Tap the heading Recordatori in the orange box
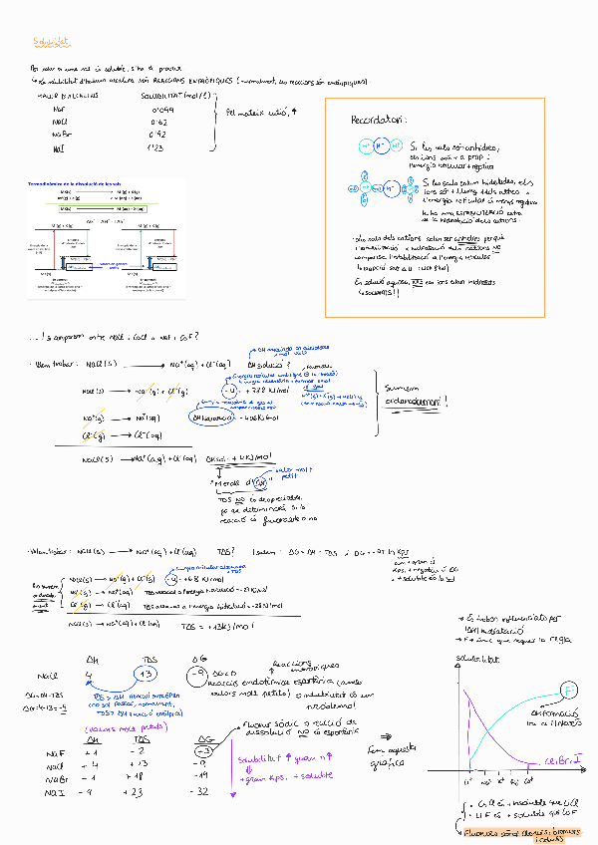(x=377, y=121)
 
